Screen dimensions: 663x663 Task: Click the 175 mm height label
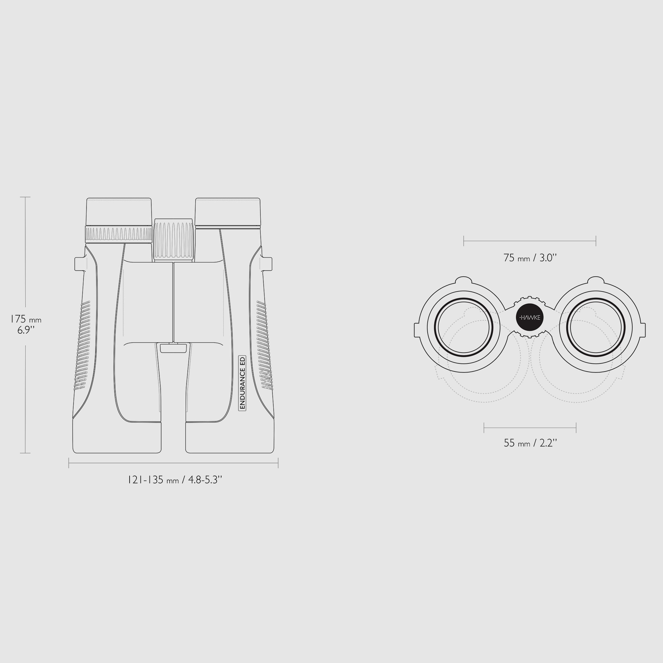pos(26,319)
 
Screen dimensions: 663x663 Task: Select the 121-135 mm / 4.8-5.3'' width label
pos(175,480)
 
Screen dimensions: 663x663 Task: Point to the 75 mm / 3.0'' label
pos(530,257)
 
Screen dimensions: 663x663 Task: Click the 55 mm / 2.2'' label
pos(530,443)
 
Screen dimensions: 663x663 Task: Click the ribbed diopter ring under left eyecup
pos(119,234)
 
